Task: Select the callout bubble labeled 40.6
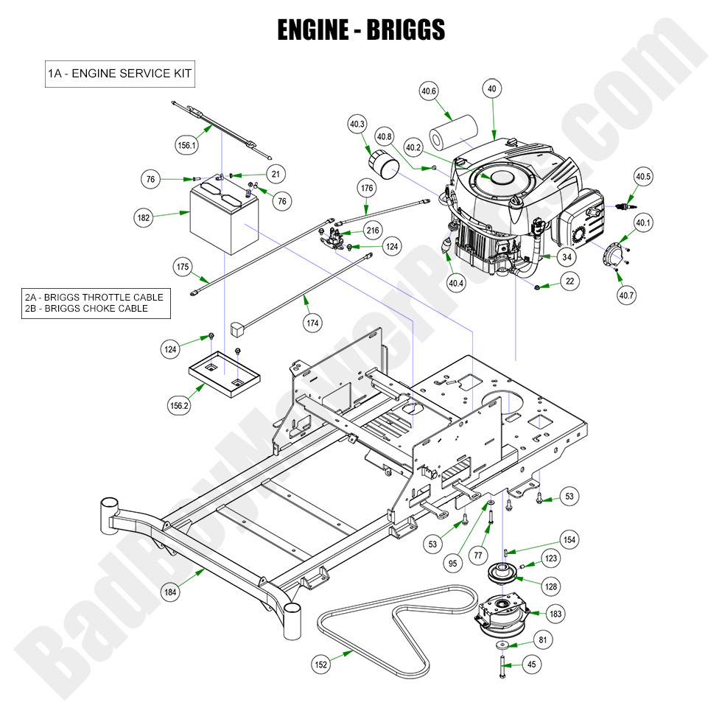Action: [x=429, y=91]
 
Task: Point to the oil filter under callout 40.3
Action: [x=382, y=164]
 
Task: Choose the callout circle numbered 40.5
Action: [x=643, y=176]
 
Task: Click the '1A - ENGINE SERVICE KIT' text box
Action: [x=120, y=74]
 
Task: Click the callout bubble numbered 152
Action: [x=321, y=665]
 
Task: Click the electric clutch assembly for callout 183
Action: [x=505, y=614]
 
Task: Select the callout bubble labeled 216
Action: [x=373, y=231]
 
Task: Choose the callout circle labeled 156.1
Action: [x=187, y=145]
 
